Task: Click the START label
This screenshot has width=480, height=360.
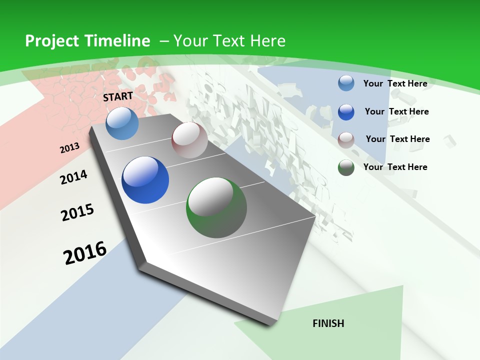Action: click(118, 96)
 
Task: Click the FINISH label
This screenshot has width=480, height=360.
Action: click(328, 323)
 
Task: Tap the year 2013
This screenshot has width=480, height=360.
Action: click(69, 147)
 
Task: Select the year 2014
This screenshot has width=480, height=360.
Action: click(73, 177)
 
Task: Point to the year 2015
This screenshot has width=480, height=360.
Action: click(77, 212)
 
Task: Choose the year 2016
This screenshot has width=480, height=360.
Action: click(85, 252)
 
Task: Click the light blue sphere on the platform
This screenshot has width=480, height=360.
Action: click(122, 123)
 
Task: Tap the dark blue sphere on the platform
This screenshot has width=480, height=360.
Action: click(145, 180)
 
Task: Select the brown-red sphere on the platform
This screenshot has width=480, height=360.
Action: click(189, 140)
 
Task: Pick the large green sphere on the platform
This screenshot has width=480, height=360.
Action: click(216, 207)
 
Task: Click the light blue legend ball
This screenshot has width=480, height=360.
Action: click(346, 83)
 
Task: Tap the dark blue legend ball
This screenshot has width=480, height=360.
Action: click(346, 111)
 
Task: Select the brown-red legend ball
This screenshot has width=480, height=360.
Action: click(346, 139)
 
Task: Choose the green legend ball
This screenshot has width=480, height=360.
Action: click(346, 167)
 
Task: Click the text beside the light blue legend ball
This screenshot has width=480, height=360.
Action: click(395, 83)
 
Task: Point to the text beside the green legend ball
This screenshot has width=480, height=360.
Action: click(395, 167)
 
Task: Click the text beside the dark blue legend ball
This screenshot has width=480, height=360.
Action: click(396, 111)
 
